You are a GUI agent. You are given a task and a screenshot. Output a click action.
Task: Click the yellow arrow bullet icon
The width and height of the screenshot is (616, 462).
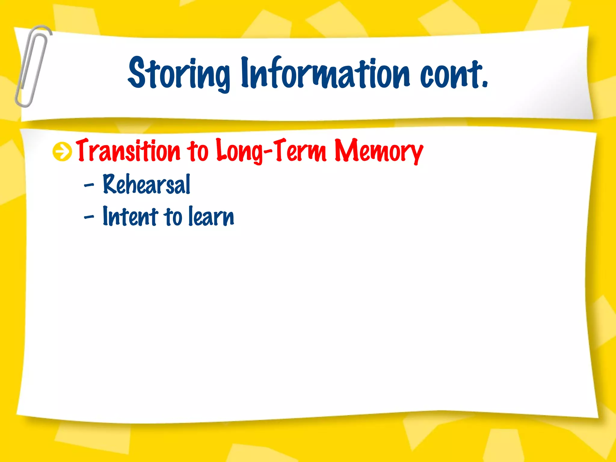point(62,152)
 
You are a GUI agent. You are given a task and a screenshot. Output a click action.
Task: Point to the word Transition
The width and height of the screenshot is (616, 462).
point(128,150)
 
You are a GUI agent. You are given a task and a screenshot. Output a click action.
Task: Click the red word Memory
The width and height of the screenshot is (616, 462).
point(379,150)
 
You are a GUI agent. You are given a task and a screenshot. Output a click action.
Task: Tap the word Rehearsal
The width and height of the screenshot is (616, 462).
point(146,184)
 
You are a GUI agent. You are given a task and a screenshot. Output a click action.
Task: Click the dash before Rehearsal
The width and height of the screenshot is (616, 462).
point(89,185)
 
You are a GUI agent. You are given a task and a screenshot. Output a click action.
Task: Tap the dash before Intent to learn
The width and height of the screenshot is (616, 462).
point(89,217)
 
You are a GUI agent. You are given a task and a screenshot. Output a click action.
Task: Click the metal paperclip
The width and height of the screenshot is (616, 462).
point(32,66)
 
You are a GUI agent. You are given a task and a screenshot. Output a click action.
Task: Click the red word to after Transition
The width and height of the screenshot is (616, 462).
point(198,151)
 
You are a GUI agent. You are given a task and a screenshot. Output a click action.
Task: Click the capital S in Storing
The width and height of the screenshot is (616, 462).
point(137,73)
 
